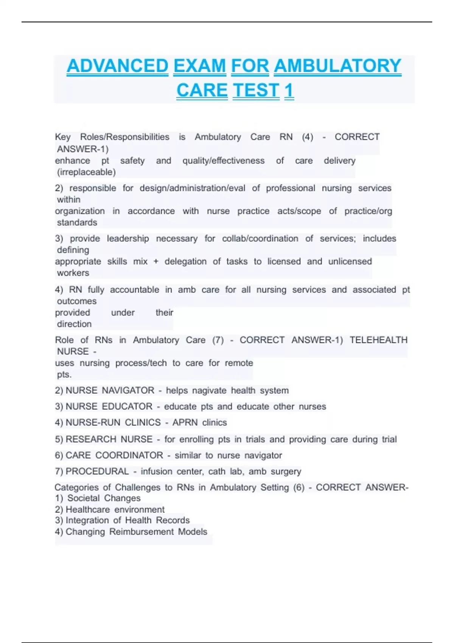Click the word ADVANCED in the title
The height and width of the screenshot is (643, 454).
pyautogui.click(x=117, y=66)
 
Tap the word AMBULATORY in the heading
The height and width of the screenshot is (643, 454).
pyautogui.click(x=337, y=66)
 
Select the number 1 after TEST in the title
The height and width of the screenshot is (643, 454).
pyautogui.click(x=289, y=90)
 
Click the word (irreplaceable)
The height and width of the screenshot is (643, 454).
pyautogui.click(x=86, y=172)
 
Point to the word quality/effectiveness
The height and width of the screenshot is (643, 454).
pyautogui.click(x=224, y=161)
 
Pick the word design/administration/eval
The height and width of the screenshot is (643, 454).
pyautogui.click(x=193, y=188)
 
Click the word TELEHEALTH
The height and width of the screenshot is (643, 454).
pyautogui.click(x=378, y=340)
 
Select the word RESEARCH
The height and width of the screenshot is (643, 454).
pyautogui.click(x=88, y=440)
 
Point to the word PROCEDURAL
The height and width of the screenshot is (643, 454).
pyautogui.click(x=97, y=472)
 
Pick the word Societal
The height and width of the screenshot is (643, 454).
pyautogui.click(x=83, y=498)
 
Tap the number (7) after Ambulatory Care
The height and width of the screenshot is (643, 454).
pyautogui.click(x=218, y=340)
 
